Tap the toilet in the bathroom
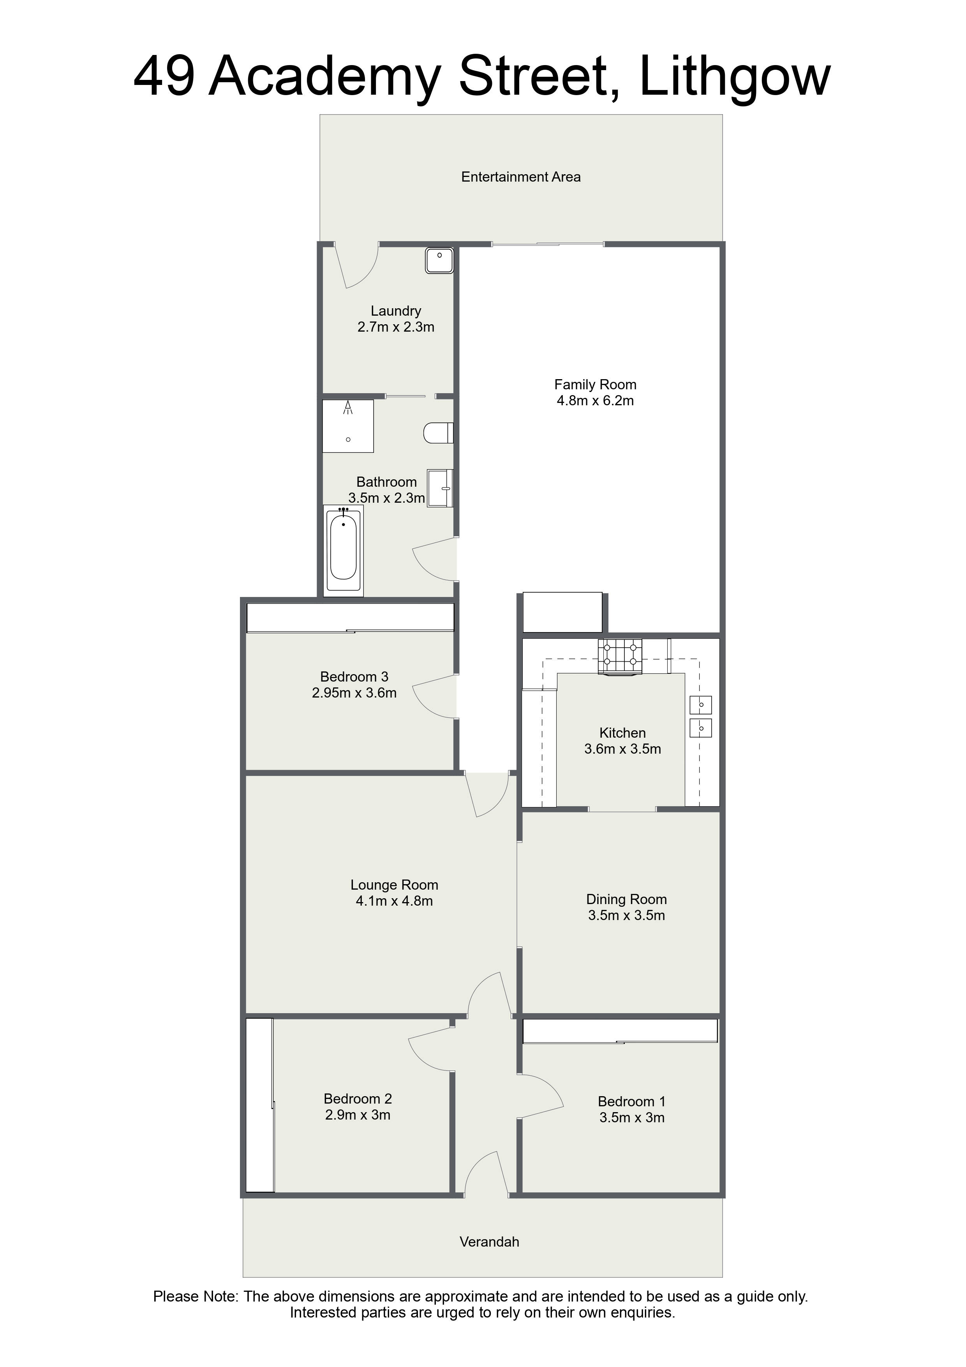[437, 433]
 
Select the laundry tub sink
[440, 261]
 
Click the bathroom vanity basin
[441, 488]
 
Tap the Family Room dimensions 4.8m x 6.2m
[595, 401]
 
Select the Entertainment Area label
[521, 177]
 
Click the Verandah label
[489, 1242]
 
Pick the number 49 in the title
[164, 78]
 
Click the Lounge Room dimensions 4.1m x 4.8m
[394, 901]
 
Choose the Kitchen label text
[622, 733]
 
